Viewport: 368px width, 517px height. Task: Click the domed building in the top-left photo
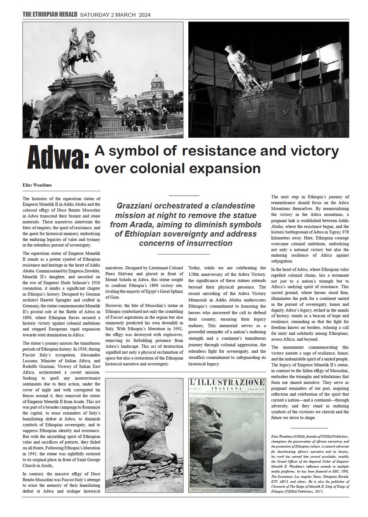click(x=157, y=86)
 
